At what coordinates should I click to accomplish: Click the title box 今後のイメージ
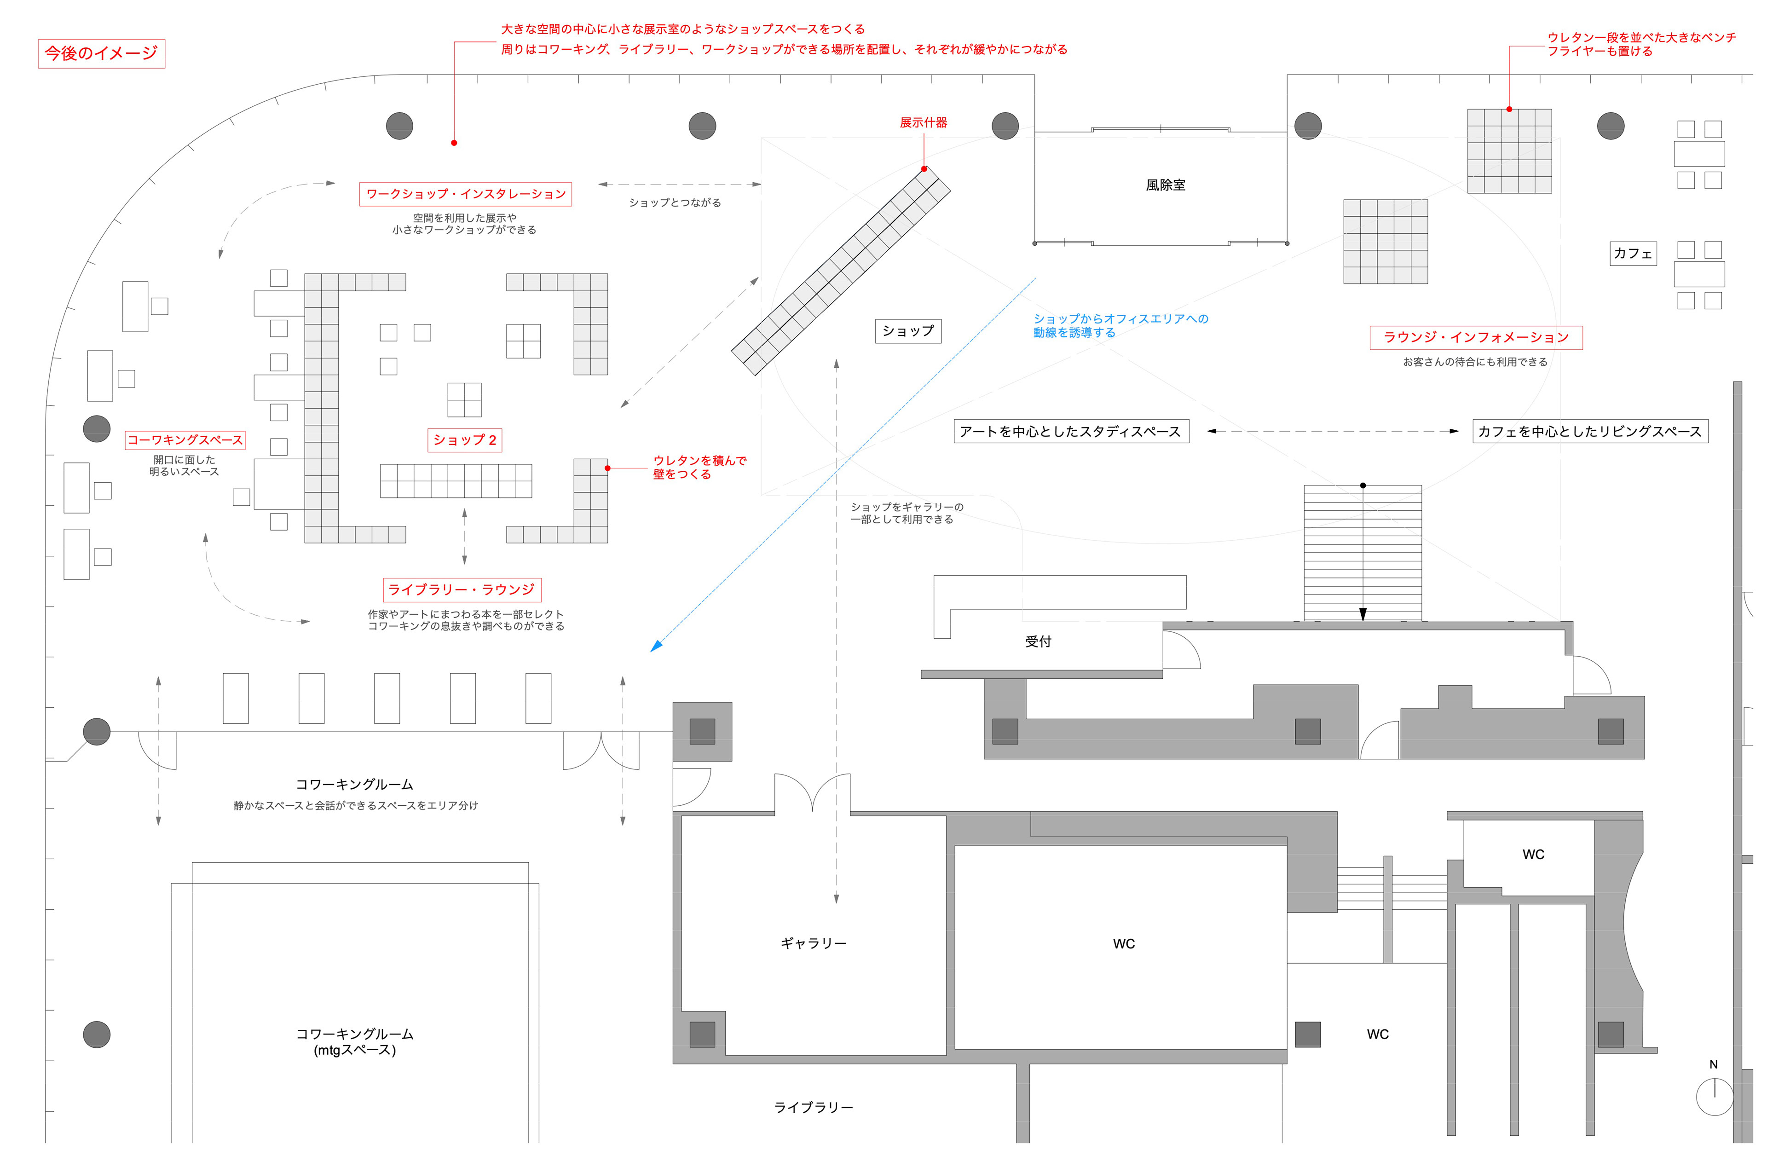point(102,53)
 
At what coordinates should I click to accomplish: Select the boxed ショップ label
point(907,331)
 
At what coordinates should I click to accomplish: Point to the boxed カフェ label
point(1633,253)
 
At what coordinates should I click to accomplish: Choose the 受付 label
point(1038,642)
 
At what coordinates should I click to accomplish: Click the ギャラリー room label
point(813,943)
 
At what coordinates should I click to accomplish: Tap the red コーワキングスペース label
point(185,440)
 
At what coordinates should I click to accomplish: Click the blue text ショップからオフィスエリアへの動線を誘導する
point(1120,326)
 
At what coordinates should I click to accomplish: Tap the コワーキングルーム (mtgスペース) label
point(355,1041)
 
